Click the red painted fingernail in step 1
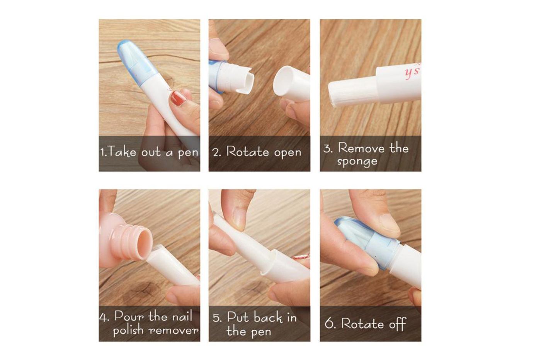179,97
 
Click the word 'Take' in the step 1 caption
122,153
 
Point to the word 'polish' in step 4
128,330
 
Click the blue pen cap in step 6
367,241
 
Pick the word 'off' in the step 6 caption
398,324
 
